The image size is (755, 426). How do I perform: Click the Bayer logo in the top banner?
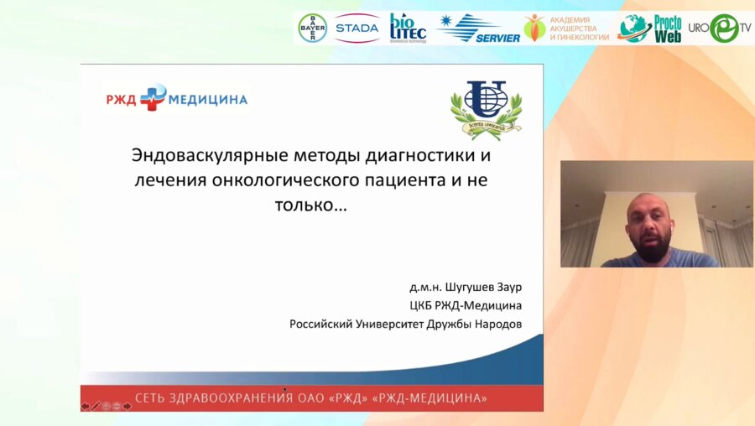point(313,29)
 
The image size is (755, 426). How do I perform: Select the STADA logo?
point(357,29)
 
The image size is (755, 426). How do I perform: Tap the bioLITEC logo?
point(408,29)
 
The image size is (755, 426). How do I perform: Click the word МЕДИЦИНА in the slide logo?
point(208,99)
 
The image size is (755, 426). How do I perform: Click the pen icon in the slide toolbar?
point(96,406)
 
